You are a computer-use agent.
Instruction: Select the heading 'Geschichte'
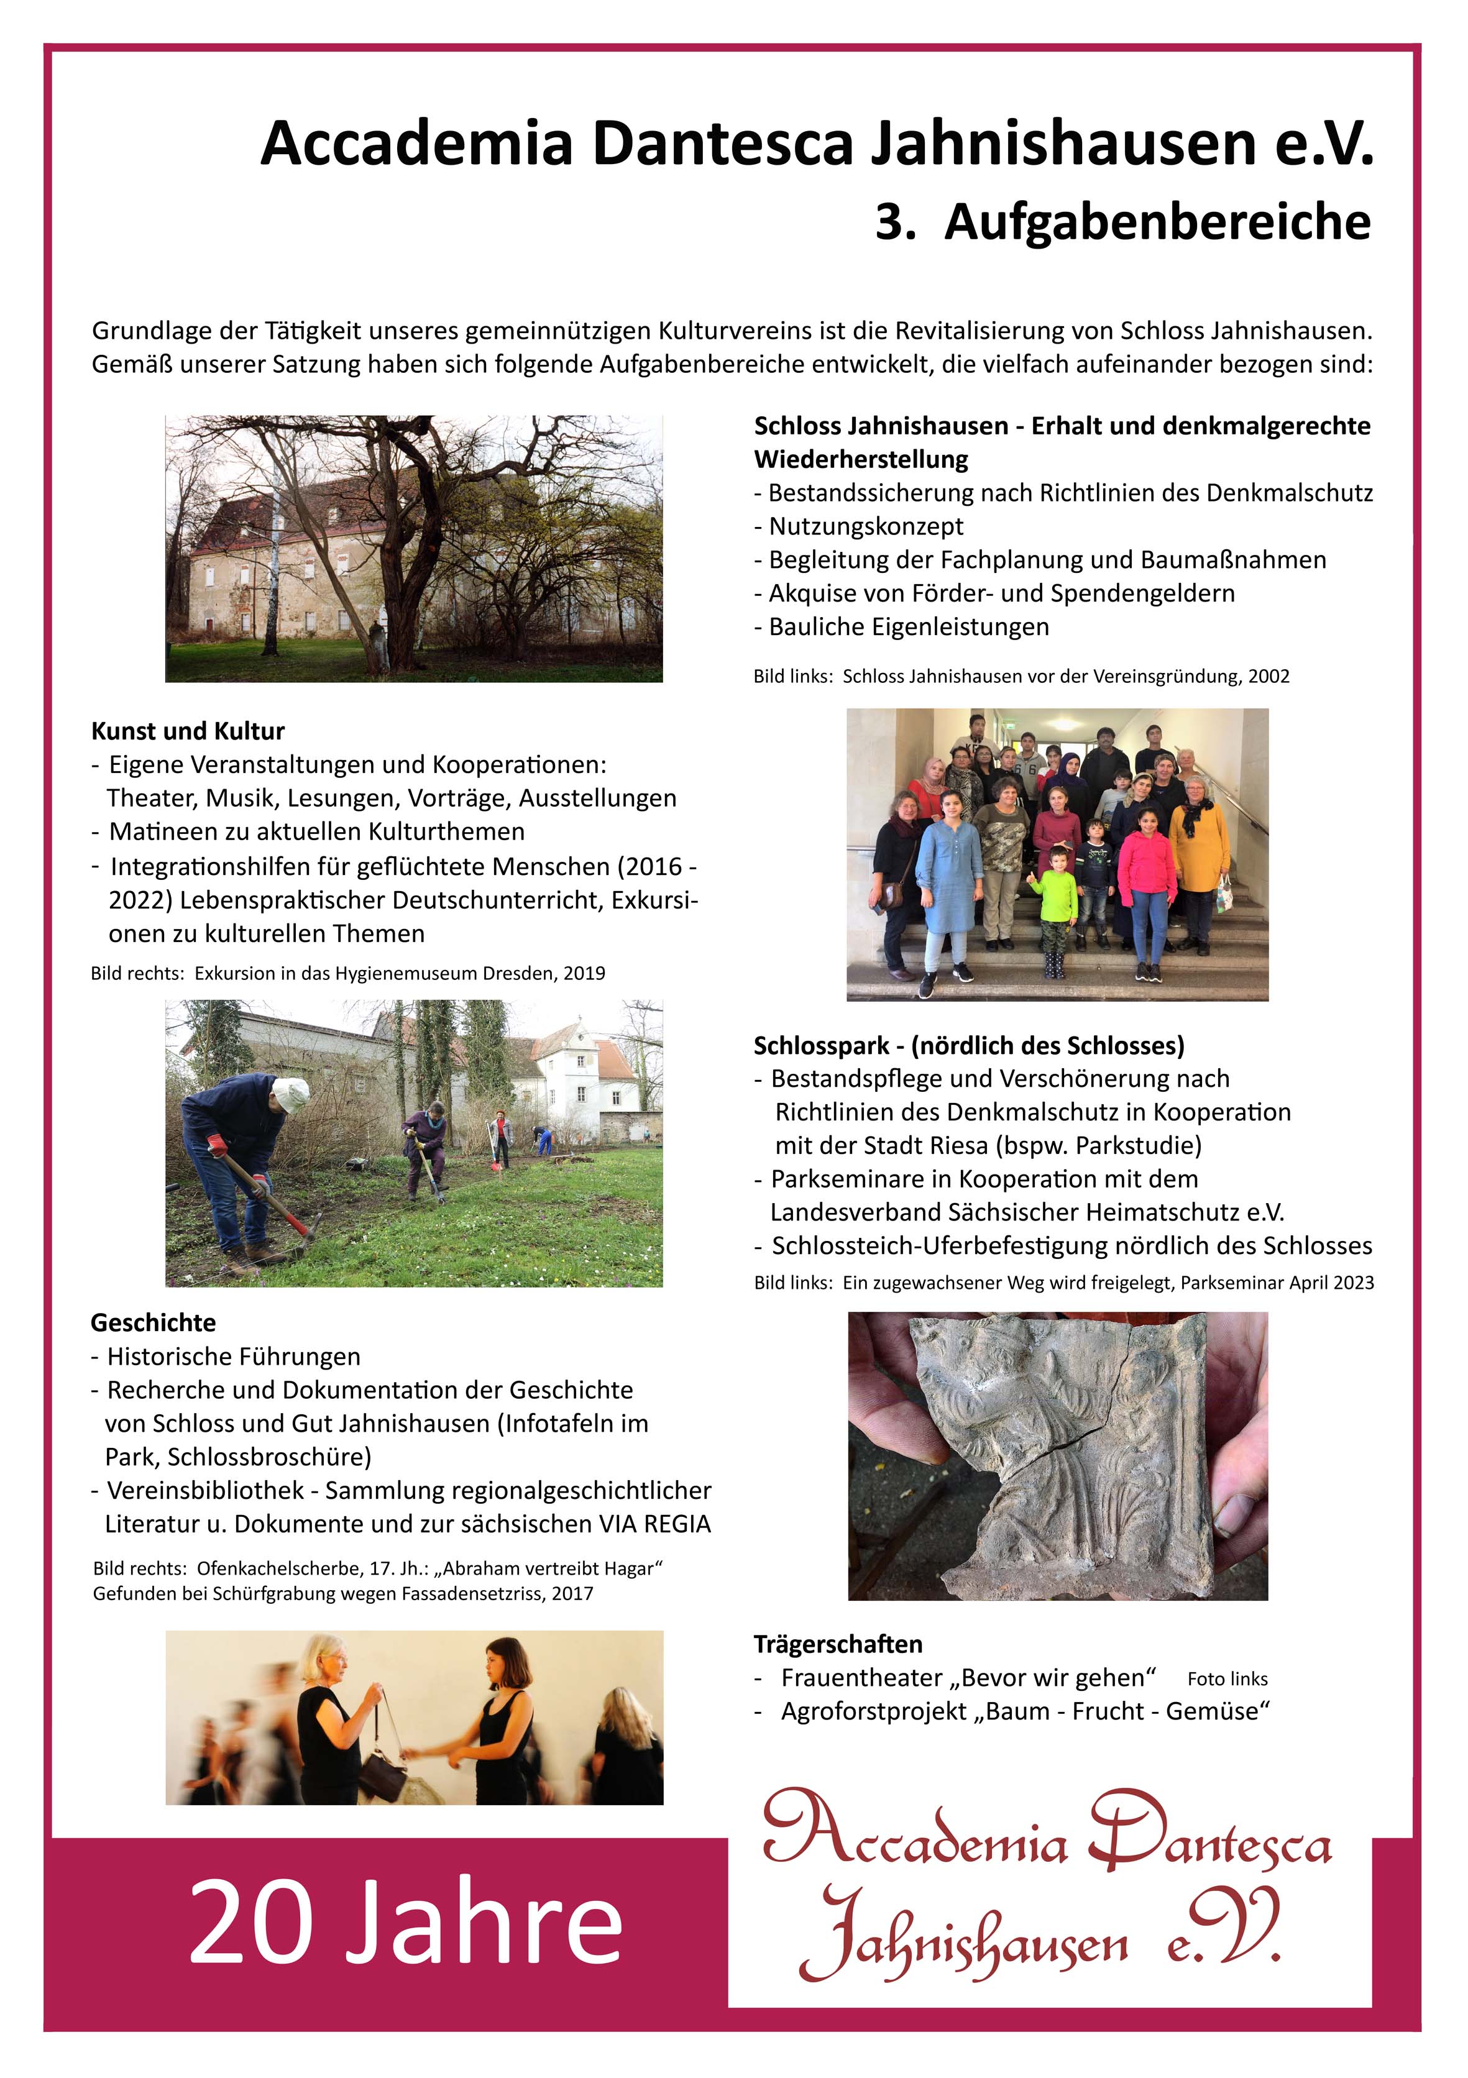coord(153,1322)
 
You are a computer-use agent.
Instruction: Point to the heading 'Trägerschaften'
coord(838,1644)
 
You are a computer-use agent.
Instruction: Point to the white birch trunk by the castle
coord(270,588)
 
